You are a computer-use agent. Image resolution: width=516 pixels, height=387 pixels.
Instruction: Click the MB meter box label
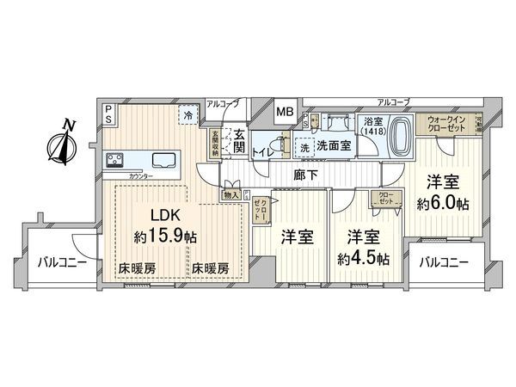click(283, 112)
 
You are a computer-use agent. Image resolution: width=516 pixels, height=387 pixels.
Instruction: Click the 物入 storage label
click(230, 195)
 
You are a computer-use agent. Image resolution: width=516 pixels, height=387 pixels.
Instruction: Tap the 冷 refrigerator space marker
click(187, 115)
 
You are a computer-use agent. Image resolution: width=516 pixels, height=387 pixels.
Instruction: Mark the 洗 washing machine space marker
click(304, 148)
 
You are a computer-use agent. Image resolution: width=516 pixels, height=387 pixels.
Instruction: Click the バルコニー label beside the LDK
click(60, 263)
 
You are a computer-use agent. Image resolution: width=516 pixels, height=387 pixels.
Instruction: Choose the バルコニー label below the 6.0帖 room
click(444, 261)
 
